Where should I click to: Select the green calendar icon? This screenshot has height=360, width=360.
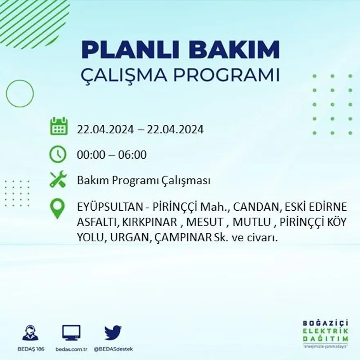tap(59, 126)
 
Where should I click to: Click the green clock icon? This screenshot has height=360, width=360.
tap(58, 154)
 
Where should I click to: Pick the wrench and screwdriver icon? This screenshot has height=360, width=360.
tap(58, 180)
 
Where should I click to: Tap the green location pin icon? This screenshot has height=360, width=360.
tap(57, 208)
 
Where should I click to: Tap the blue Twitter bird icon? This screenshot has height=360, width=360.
tap(113, 333)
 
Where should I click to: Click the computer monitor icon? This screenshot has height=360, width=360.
tap(71, 333)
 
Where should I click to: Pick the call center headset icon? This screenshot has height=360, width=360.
tap(30, 333)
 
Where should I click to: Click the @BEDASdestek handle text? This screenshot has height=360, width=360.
tap(113, 349)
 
